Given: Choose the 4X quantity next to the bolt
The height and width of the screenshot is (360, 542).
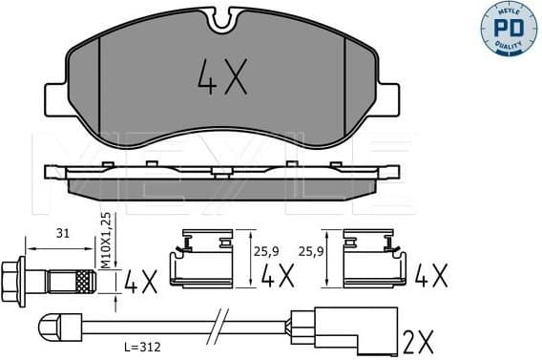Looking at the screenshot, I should [140, 281].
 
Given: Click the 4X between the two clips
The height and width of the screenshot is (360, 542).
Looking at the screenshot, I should [277, 278].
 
